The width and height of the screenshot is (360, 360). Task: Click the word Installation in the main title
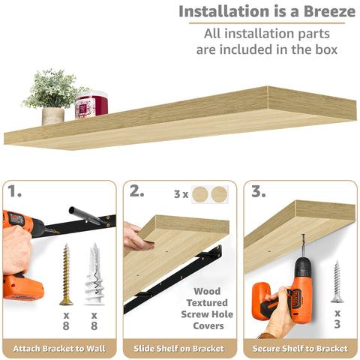220,12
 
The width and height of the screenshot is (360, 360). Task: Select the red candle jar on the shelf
91,104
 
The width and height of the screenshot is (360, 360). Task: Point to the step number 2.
137,191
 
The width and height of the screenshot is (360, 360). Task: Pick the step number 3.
259,191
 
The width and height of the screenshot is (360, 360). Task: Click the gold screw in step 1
66,274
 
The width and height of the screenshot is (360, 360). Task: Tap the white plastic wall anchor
94,274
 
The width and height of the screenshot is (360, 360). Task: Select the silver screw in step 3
337,281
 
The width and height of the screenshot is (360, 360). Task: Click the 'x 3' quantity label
337,319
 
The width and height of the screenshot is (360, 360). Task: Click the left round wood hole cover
201,195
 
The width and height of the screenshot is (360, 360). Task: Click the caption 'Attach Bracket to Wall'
60,349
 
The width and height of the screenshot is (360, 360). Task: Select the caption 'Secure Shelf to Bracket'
300,349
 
